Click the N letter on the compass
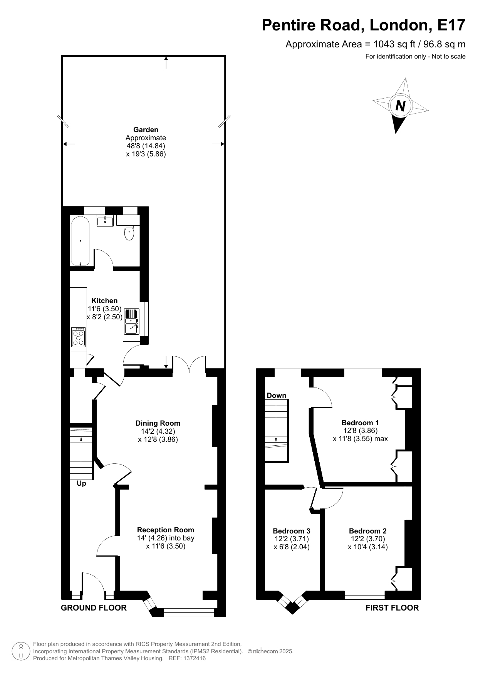[401, 106]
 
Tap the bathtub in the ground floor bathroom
[81, 240]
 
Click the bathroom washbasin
[105, 221]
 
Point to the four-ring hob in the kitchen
[79, 337]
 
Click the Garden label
[146, 130]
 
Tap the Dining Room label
[158, 423]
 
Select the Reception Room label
[166, 530]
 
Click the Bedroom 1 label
[360, 423]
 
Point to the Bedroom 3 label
[292, 531]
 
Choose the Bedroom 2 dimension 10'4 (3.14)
[368, 547]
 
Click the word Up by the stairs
[81, 483]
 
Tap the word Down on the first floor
[277, 395]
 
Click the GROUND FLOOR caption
[94, 607]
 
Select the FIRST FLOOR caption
[392, 607]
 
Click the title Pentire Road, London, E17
[364, 25]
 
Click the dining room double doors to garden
[189, 364]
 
